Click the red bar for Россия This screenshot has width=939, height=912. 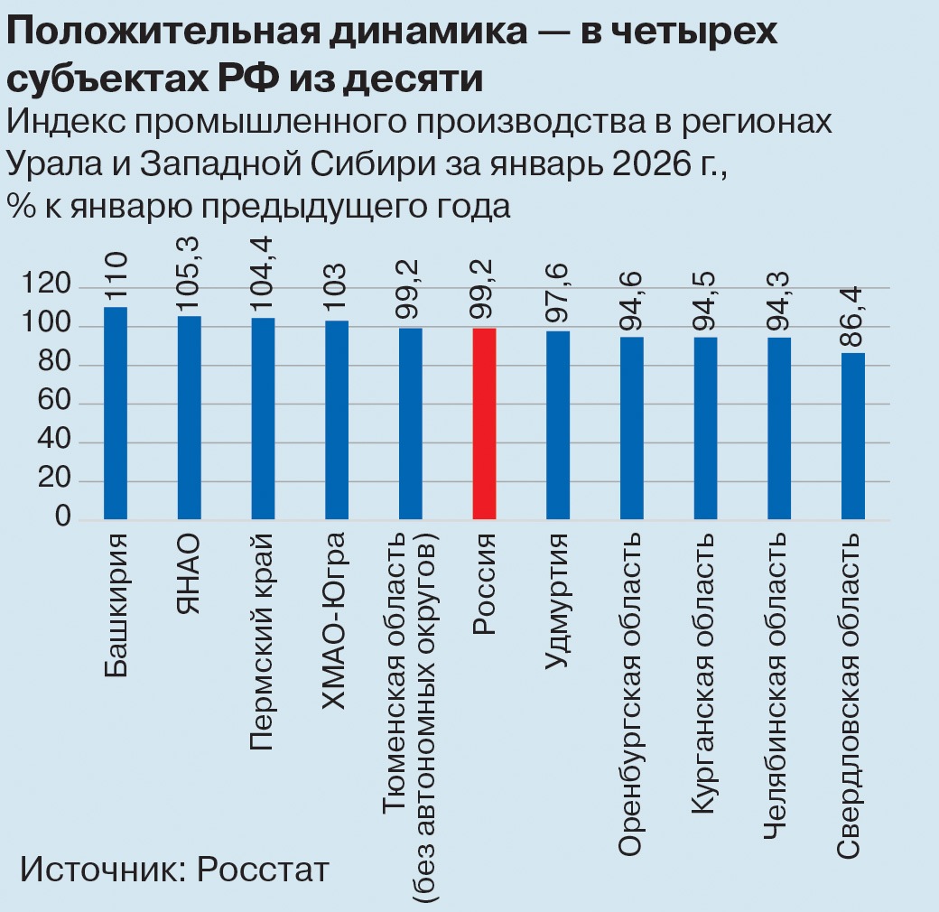[x=484, y=423]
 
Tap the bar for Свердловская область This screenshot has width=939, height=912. [x=853, y=436]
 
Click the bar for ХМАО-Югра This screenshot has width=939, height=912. [x=337, y=420]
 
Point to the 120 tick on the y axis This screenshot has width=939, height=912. [x=51, y=287]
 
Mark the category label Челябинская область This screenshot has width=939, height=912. [x=778, y=685]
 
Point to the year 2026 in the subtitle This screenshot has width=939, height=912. [x=642, y=164]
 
